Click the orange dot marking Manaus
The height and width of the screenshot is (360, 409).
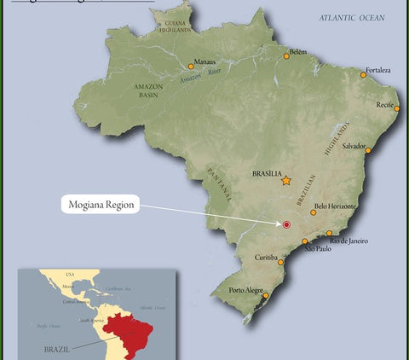pos(191,67)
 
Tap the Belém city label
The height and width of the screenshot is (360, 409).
pos(298,51)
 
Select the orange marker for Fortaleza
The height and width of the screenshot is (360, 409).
pos(363,75)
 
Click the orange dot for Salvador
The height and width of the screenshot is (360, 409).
pos(368,150)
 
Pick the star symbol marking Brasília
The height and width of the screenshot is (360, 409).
pos(286,180)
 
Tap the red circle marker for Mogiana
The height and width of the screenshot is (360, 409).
pos(286,224)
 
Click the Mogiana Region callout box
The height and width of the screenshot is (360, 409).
pos(101,206)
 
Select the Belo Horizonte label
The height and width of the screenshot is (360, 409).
pos(336,206)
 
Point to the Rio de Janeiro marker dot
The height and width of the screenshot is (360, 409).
pos(329,233)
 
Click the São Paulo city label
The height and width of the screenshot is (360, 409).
pos(317,250)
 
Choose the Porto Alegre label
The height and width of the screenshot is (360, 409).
pos(246,290)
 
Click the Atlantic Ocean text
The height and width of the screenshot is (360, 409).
pos(352,17)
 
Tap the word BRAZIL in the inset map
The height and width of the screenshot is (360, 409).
pos(58,349)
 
